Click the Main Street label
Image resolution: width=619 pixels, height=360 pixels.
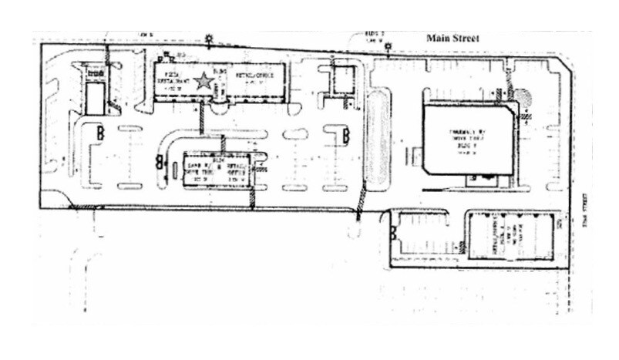[453, 38]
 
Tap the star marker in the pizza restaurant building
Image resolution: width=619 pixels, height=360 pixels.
[204, 80]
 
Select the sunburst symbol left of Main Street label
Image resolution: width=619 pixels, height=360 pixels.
[389, 47]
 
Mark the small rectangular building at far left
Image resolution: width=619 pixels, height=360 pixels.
[95, 99]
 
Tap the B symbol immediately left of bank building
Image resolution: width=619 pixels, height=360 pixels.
[160, 161]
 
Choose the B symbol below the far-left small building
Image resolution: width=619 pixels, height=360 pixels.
[99, 134]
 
